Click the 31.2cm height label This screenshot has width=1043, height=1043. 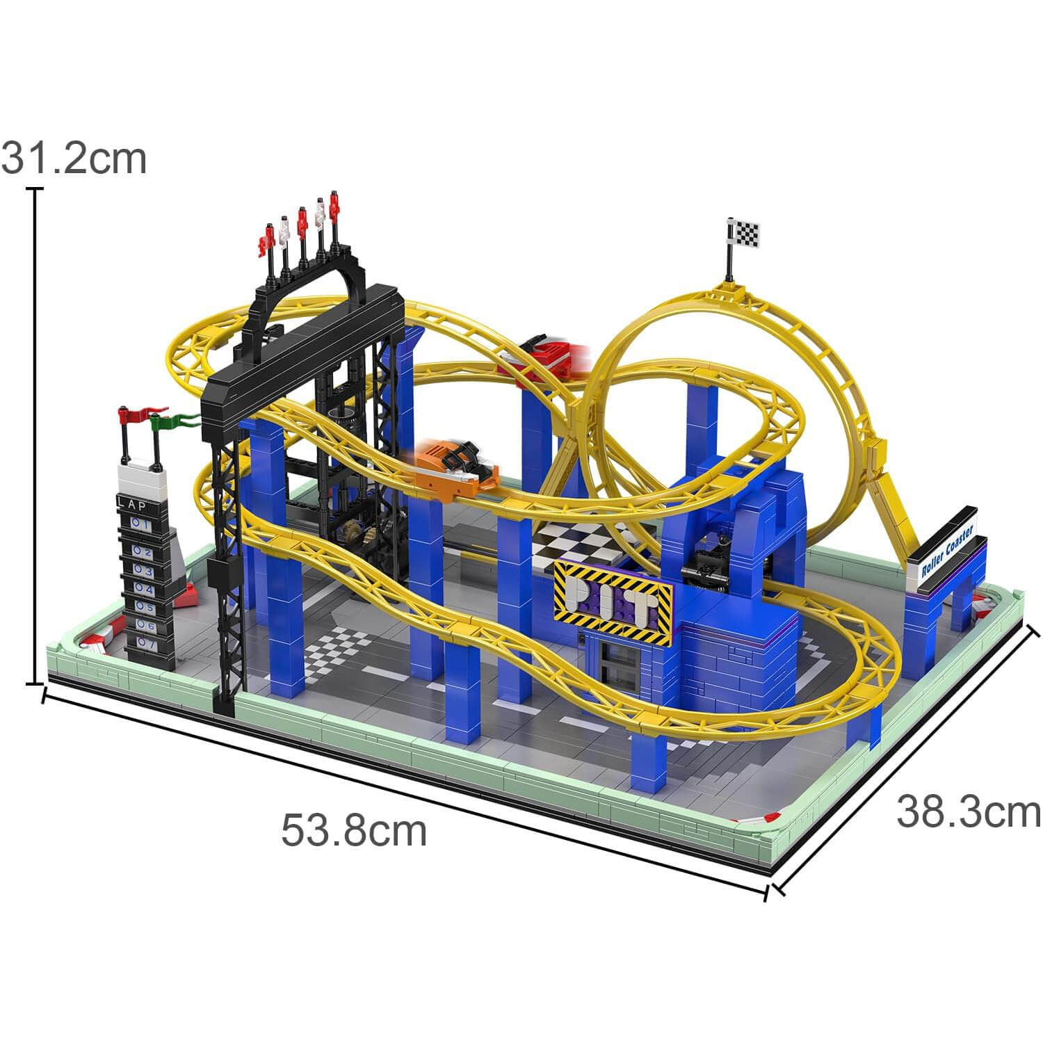pyautogui.click(x=74, y=159)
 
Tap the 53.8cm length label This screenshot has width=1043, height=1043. pyautogui.click(x=353, y=830)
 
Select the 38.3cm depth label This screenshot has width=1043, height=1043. pyautogui.click(x=968, y=811)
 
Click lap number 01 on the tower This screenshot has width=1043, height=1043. pyautogui.click(x=139, y=525)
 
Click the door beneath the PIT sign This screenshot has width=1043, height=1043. pyautogui.click(x=615, y=664)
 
